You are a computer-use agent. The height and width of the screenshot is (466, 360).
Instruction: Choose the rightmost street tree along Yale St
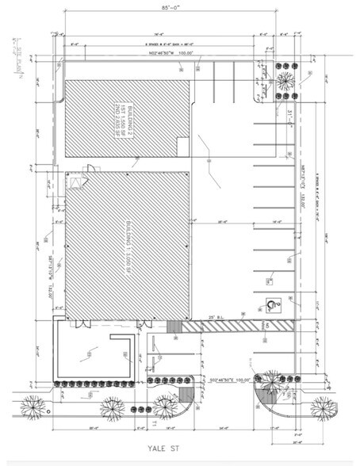tap(325, 407)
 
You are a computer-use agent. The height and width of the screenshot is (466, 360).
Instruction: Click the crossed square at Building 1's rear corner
tap(76, 182)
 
